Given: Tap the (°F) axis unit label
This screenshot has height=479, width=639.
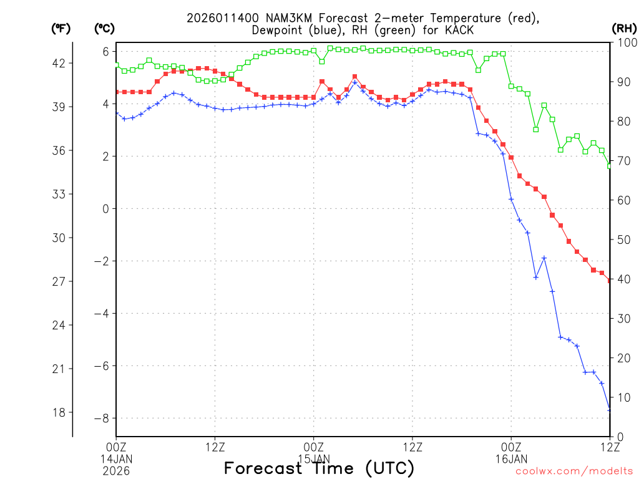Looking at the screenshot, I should click(61, 28).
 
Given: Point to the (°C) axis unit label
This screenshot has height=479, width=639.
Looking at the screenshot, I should click(104, 28).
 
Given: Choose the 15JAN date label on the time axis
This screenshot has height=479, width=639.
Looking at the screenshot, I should click(314, 458).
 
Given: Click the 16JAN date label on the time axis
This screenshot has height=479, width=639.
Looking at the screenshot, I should click(511, 458).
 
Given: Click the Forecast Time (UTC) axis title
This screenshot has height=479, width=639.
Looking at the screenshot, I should click(319, 468).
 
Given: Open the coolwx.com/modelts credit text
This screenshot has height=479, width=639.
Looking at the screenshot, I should click(574, 472).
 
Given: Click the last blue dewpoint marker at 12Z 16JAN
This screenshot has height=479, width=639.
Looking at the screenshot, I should click(610, 409).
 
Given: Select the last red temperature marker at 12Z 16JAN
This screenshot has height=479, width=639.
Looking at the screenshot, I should click(610, 281).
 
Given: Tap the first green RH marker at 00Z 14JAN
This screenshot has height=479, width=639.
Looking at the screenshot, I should click(117, 65).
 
